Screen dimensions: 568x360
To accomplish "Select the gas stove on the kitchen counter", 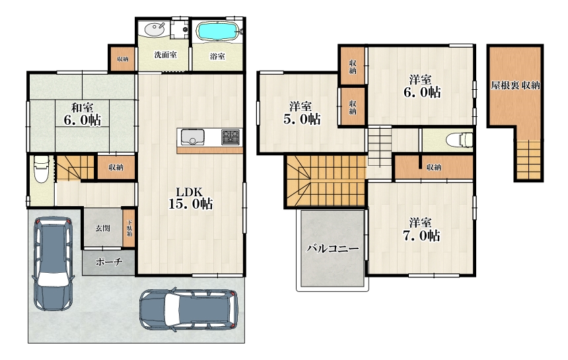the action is click(231, 137).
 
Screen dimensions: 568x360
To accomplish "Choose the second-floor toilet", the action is click(459, 140).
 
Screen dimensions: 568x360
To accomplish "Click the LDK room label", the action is click(189, 192).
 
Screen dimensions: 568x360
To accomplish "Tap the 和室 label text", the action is click(82, 108).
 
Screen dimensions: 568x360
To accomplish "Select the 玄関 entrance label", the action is click(102, 228).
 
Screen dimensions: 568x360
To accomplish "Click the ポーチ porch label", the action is click(109, 262).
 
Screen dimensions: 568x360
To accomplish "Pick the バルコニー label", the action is click(332, 248).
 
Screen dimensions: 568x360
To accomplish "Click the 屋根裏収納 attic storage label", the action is click(515, 85).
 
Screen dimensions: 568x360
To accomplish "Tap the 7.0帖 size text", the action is click(421, 236).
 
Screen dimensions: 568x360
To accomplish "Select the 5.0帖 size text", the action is click(302, 119).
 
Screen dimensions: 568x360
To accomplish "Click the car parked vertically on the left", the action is click(53, 264).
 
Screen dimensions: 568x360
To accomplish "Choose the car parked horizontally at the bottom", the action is click(189, 310).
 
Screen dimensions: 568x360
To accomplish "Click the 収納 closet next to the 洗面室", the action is click(122, 59).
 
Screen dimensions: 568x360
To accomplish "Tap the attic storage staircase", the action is click(528, 160).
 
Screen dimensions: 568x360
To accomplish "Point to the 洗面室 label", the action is click(165, 55).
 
